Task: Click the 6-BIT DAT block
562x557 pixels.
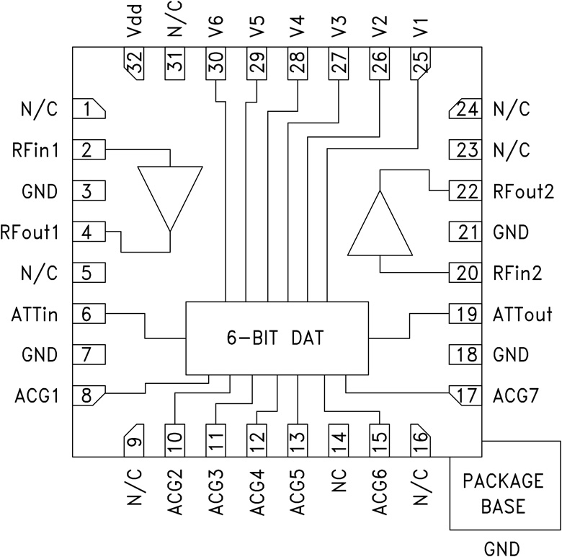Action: pyautogui.click(x=277, y=338)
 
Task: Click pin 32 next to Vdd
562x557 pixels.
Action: pyautogui.click(x=134, y=66)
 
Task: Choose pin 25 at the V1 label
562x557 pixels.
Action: pyautogui.click(x=420, y=66)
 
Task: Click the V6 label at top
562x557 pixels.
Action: pyautogui.click(x=215, y=30)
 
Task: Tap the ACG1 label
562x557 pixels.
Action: pyautogui.click(x=35, y=395)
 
